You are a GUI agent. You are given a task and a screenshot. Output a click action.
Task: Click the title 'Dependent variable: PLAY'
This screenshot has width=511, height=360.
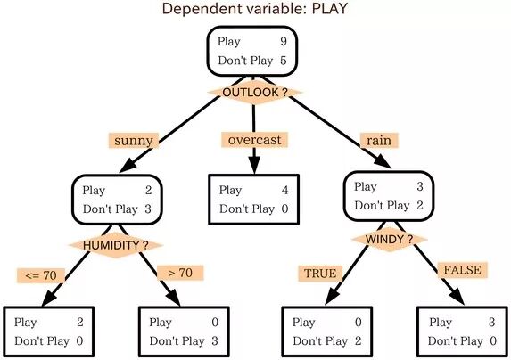tap(254, 8)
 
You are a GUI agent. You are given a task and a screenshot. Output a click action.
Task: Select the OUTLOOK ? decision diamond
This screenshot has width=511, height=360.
tap(254, 93)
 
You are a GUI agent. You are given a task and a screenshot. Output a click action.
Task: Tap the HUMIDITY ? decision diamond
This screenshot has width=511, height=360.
tap(115, 245)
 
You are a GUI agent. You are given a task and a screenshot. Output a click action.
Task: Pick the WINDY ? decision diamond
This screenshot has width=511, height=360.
tap(389, 240)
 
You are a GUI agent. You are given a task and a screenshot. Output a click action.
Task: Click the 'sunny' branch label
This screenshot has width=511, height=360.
tap(134, 141)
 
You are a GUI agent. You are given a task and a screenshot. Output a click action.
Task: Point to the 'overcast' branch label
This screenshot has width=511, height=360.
tap(254, 140)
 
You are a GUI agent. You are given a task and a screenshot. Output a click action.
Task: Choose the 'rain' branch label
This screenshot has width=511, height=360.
tap(379, 141)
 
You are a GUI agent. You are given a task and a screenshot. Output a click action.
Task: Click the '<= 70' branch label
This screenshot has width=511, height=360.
tap(41, 275)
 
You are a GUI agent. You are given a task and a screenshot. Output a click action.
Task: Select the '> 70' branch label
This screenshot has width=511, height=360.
tap(180, 273)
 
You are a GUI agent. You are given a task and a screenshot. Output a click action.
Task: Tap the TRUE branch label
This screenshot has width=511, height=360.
tap(320, 274)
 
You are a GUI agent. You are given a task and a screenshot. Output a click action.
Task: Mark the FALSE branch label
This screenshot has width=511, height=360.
tap(463, 270)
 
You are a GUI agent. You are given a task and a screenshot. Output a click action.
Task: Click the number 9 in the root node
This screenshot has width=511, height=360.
tap(284, 41)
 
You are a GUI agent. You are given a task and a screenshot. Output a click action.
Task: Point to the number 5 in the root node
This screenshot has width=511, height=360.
tap(284, 61)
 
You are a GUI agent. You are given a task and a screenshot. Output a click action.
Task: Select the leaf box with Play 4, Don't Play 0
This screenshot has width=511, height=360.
tap(254, 200)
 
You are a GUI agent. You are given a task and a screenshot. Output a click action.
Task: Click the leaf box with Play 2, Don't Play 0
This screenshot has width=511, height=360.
tap(49, 331)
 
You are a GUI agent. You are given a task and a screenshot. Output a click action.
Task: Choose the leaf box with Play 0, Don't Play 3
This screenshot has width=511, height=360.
tap(184, 331)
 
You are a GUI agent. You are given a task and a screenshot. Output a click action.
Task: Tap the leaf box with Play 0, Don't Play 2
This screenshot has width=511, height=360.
tap(327, 331)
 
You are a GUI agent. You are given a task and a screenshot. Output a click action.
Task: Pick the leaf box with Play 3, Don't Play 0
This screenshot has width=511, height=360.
tap(463, 331)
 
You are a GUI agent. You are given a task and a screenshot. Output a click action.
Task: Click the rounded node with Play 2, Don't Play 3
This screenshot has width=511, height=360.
tap(118, 200)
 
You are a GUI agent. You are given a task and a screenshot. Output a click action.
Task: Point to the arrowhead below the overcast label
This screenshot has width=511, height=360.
tap(254, 166)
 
